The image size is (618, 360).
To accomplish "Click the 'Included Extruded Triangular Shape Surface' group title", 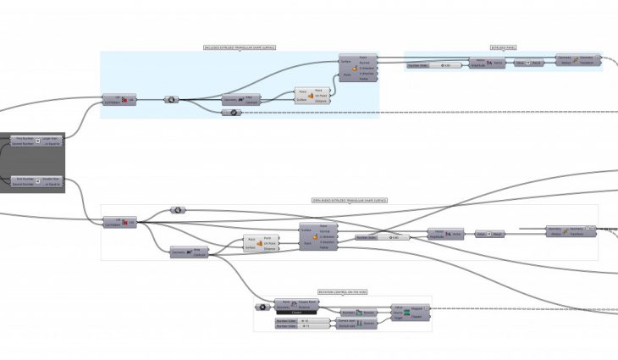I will click(240, 47).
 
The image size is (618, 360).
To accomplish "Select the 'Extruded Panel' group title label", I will click(503, 47).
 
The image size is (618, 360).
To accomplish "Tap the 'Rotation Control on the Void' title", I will click(343, 291).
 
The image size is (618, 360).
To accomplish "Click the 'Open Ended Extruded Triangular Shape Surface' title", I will click(349, 201).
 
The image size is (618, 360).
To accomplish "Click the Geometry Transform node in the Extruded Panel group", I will click(577, 59).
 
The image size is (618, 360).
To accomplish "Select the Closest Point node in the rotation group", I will click(297, 305).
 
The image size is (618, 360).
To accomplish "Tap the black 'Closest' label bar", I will click(297, 313).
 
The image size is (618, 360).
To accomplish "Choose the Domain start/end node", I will click(356, 324).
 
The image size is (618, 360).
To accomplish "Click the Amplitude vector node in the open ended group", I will click(446, 233).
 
